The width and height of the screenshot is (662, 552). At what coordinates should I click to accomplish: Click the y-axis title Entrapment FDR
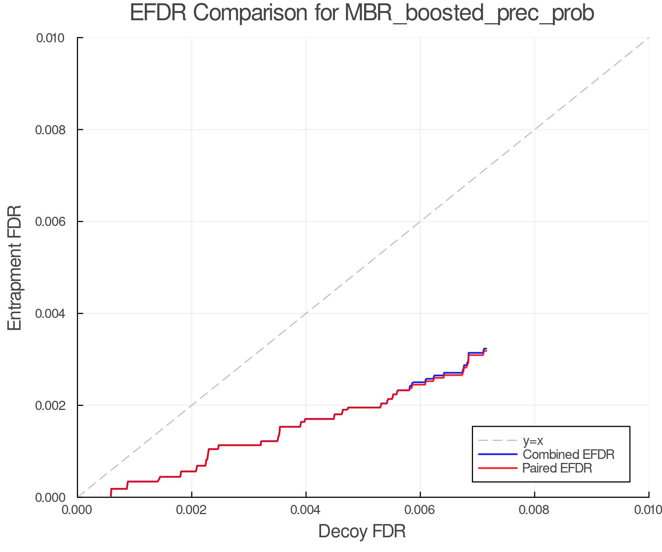(15, 268)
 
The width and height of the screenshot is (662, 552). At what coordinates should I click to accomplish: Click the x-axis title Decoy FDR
(362, 531)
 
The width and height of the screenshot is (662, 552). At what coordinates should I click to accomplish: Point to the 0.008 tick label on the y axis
(54, 130)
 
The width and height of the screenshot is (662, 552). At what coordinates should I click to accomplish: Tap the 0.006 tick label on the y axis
(54, 222)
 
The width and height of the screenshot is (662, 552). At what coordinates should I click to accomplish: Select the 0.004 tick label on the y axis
(54, 314)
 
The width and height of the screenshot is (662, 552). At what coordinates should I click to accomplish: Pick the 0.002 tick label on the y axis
(54, 406)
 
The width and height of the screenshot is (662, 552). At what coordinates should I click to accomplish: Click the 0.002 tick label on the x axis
(192, 510)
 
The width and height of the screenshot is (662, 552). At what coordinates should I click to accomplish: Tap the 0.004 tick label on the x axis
(306, 510)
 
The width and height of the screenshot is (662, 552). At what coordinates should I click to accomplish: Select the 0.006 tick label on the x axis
(420, 510)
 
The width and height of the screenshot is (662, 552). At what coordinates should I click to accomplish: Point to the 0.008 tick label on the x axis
(534, 510)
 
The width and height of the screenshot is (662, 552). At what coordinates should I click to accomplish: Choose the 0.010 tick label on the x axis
(648, 510)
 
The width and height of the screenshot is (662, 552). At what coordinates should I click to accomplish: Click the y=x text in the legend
(533, 440)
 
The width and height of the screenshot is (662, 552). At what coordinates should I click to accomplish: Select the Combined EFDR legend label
(568, 454)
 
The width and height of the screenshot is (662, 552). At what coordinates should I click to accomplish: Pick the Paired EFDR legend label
(557, 468)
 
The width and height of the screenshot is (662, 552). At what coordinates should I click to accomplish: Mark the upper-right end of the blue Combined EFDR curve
(486, 348)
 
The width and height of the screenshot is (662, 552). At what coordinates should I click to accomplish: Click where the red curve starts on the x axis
(111, 496)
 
